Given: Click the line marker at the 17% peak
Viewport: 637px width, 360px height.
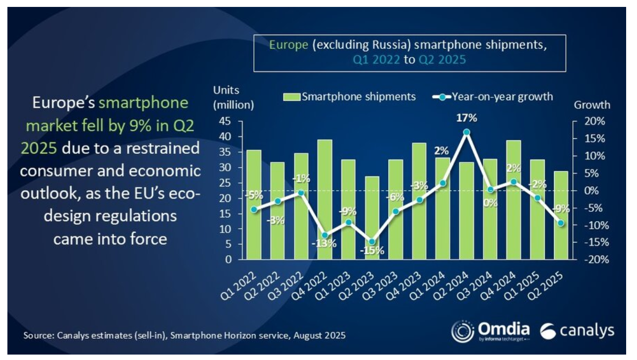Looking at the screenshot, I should pyautogui.click(x=466, y=132).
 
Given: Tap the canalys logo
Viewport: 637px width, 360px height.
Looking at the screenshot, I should pyautogui.click(x=577, y=331).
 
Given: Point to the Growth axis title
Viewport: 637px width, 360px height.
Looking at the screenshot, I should pyautogui.click(x=592, y=105).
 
